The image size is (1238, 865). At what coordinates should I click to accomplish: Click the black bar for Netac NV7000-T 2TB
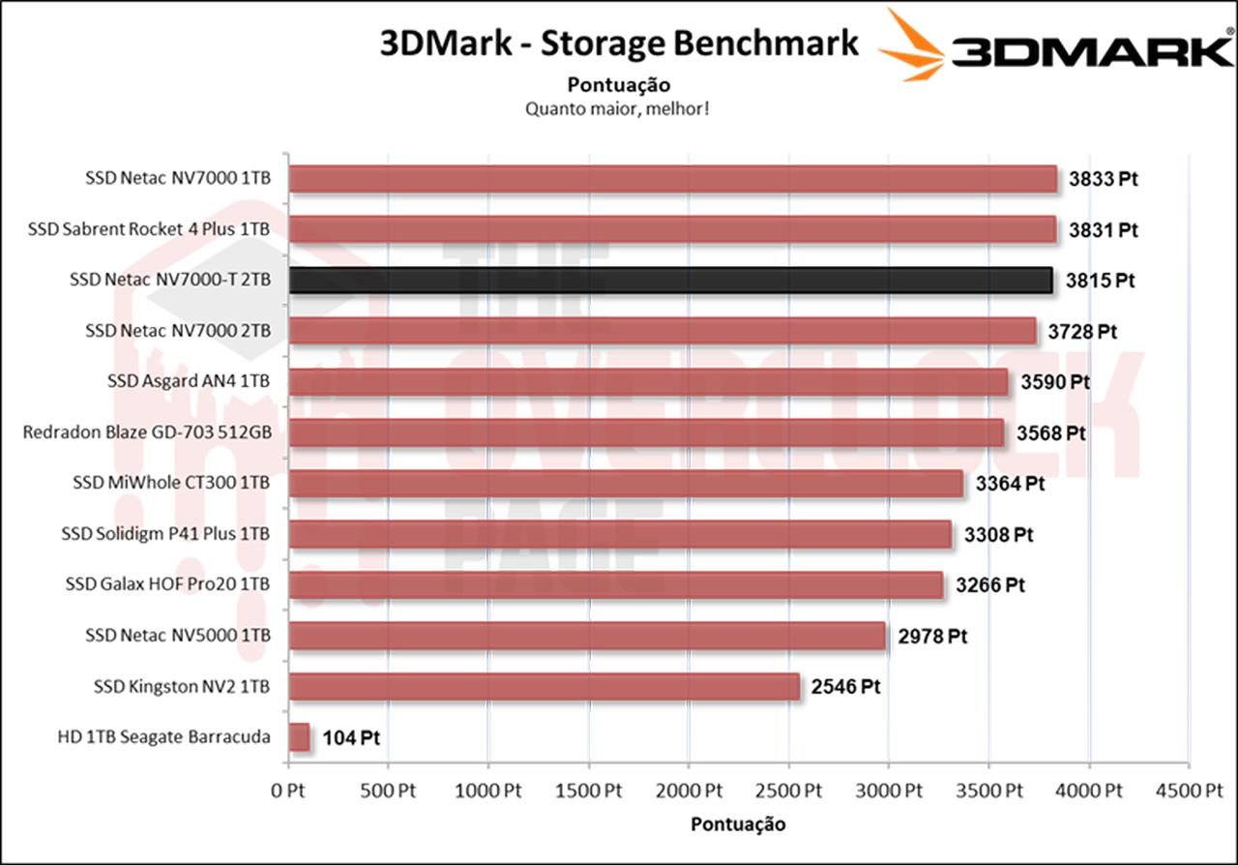pos(671,281)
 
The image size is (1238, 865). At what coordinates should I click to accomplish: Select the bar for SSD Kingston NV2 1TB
pos(545,687)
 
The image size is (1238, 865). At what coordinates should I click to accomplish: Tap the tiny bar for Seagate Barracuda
pos(299,737)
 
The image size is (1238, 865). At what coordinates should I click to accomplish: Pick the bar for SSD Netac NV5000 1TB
pos(587,636)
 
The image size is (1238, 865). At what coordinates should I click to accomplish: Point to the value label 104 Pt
pos(351,738)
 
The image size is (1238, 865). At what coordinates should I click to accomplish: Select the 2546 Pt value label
pos(845,687)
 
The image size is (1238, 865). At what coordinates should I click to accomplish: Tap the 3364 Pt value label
pos(1010,483)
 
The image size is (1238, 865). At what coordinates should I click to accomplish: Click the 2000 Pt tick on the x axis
pos(688,790)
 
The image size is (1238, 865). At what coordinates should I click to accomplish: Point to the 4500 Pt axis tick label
pos(1190,790)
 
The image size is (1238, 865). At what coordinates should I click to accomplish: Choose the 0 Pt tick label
pos(288,790)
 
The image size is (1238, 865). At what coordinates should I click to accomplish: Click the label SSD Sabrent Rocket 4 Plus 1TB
pos(149,229)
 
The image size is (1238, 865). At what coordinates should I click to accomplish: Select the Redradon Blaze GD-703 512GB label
pos(146,432)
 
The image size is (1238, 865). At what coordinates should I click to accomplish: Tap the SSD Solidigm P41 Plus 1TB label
pos(164,533)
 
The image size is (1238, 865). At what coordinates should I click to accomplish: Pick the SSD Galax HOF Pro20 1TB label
pos(167,584)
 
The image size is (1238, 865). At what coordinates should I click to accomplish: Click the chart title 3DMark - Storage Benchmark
pos(619,44)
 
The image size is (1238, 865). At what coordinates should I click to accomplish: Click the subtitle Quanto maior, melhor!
pos(618,108)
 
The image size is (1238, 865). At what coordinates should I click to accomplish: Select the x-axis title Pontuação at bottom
pos(738,824)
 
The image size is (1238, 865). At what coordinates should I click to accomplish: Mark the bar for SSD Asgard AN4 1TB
pos(648,382)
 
